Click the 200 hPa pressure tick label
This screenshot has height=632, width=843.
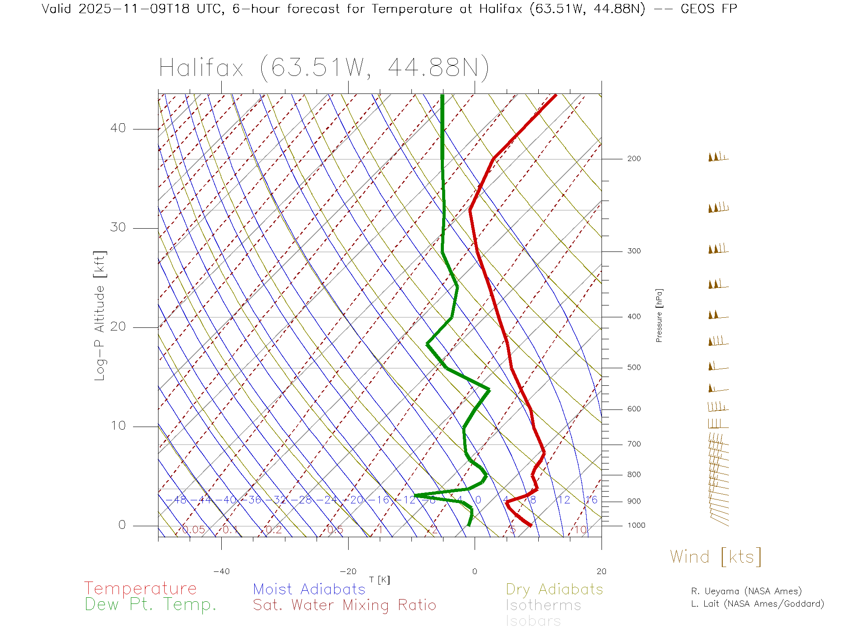click(x=634, y=158)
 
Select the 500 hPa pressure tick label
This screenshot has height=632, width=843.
click(x=634, y=367)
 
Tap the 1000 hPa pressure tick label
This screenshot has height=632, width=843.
click(x=636, y=525)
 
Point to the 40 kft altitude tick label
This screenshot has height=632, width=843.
click(x=118, y=128)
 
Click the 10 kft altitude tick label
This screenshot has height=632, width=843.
click(x=118, y=426)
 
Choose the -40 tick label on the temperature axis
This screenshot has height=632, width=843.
click(x=221, y=571)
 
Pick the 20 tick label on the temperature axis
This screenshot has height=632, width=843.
click(x=601, y=571)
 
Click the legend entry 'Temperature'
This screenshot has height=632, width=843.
click(x=140, y=589)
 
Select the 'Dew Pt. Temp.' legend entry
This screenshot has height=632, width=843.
click(x=151, y=605)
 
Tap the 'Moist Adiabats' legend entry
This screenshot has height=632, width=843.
click(x=309, y=589)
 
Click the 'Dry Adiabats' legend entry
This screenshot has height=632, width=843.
click(x=554, y=589)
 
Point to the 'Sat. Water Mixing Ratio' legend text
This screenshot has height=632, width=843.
click(x=344, y=605)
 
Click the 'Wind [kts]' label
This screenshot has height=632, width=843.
click(x=715, y=557)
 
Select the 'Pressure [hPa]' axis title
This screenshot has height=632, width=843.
click(x=659, y=315)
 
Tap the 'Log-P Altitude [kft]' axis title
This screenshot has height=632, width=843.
click(x=100, y=316)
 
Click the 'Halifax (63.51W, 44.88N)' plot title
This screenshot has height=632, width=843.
click(x=324, y=68)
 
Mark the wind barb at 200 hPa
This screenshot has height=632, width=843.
click(x=717, y=157)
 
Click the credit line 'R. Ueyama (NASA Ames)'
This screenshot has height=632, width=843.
click(x=746, y=591)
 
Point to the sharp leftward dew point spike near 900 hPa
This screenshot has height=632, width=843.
click(x=415, y=496)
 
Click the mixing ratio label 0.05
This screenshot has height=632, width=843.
click(x=194, y=530)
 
